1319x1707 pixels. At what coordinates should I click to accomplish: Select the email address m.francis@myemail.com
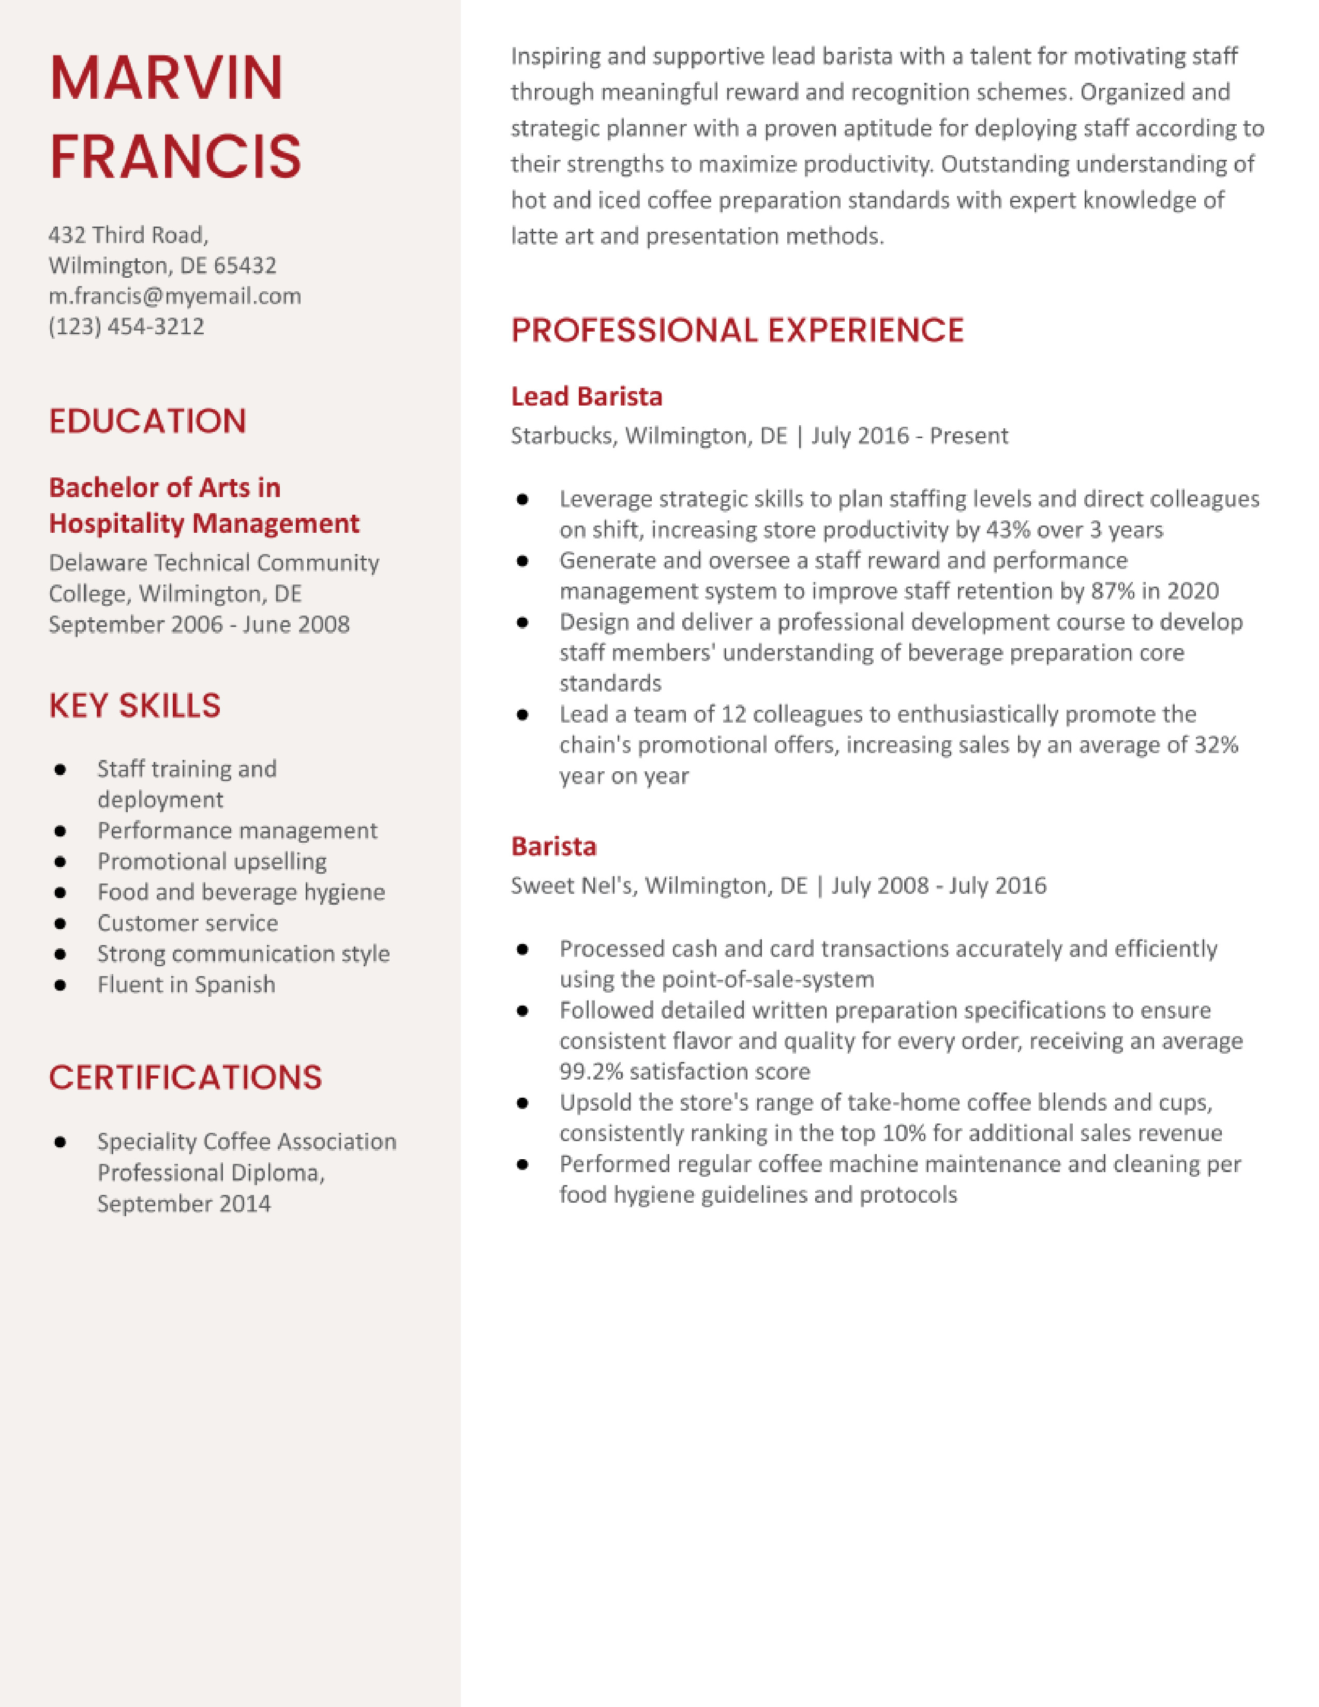coord(174,296)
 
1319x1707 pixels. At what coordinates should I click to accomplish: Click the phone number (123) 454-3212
coord(127,327)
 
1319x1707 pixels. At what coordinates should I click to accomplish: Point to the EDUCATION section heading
coord(148,421)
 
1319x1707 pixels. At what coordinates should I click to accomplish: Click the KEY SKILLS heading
coord(134,706)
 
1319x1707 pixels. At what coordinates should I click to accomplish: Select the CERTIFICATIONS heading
coord(185,1078)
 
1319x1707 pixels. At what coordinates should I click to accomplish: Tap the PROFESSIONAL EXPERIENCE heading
coord(737,331)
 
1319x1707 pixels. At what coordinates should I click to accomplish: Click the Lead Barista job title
coord(586,397)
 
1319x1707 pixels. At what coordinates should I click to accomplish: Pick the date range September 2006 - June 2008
coord(199,624)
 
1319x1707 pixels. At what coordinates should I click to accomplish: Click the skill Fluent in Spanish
coord(186,985)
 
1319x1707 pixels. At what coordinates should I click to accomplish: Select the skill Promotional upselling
coord(212,861)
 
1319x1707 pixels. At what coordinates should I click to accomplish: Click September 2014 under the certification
coord(184,1204)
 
